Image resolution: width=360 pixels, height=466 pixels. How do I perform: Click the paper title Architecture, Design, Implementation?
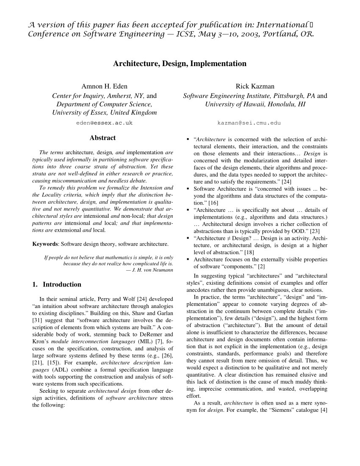180,64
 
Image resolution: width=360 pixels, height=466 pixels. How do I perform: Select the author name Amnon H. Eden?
104,86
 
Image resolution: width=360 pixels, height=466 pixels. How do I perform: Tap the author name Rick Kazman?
255,86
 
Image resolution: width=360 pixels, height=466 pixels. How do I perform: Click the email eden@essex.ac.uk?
104,123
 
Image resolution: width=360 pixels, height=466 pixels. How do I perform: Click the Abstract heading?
102,138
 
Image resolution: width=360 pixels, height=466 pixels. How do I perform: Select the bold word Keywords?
45,244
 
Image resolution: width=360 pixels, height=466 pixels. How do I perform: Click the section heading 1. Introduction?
57,284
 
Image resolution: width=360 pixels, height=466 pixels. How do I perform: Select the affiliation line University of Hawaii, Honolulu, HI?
255,104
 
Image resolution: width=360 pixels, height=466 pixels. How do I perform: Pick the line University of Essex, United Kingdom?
104,113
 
